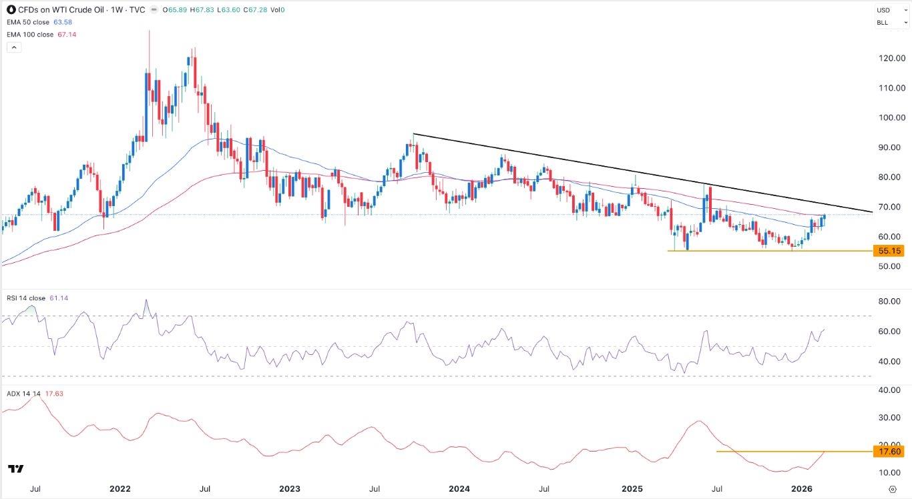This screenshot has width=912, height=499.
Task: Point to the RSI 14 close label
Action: (26, 298)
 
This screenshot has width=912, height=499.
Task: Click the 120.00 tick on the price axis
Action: (891, 58)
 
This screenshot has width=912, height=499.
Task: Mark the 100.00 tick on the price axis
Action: (891, 117)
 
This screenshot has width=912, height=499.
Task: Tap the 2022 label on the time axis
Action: (120, 489)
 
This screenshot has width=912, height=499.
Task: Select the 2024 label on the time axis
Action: (459, 489)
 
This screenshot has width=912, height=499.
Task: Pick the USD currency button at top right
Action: (884, 10)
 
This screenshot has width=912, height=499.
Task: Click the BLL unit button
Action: (883, 23)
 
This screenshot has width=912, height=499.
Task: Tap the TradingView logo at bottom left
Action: (16, 469)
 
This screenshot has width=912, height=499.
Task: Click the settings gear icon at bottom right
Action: (893, 489)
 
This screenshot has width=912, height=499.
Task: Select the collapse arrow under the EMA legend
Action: (13, 47)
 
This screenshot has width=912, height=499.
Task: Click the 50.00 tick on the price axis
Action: (891, 266)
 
